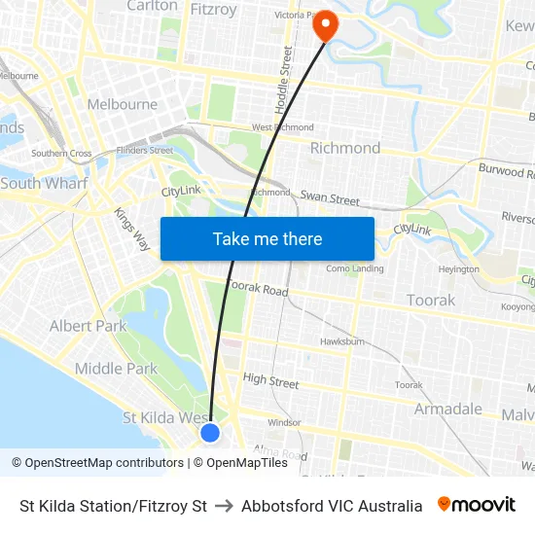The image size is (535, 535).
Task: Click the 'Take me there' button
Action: point(267,238)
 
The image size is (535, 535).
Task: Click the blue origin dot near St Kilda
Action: point(210,433)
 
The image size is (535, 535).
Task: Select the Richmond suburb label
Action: point(344,148)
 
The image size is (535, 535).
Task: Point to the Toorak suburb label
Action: point(430,300)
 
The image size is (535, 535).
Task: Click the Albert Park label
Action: point(88,326)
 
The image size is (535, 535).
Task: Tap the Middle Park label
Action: point(116,368)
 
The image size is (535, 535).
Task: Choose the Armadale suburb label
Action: point(447,409)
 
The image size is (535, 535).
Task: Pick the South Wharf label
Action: point(44,183)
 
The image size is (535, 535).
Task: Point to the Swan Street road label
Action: point(330,198)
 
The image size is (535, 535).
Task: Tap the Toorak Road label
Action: point(258,289)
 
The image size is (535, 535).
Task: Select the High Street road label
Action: point(270,381)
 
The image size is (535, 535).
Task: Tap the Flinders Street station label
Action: point(144,151)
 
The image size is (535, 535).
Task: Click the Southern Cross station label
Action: point(61,154)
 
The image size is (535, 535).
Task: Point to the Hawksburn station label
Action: point(341,341)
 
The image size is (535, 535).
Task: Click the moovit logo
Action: point(476,505)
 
